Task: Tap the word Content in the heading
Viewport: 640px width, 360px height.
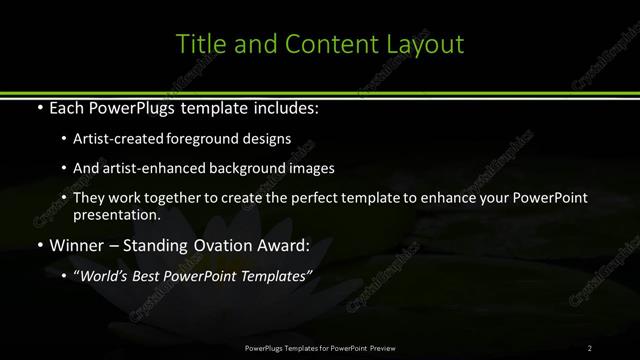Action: [326, 44]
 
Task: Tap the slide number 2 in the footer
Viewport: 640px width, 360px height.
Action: [589, 348]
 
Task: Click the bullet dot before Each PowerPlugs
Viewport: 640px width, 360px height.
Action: [39, 107]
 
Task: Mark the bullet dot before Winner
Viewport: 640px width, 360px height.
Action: [39, 245]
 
